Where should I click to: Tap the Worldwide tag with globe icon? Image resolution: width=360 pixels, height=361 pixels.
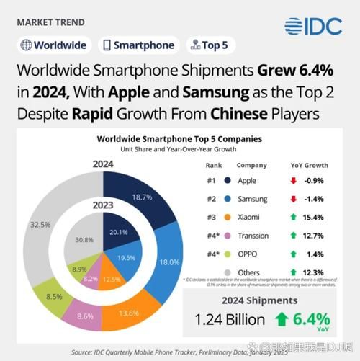pos(53,45)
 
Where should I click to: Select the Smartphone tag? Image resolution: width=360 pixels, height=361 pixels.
pos(138,45)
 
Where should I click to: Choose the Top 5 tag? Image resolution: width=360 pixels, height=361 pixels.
pos(210,45)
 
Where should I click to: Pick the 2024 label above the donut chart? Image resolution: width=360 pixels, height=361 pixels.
pos(103,164)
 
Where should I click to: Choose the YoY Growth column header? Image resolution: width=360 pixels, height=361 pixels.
pos(310,164)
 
